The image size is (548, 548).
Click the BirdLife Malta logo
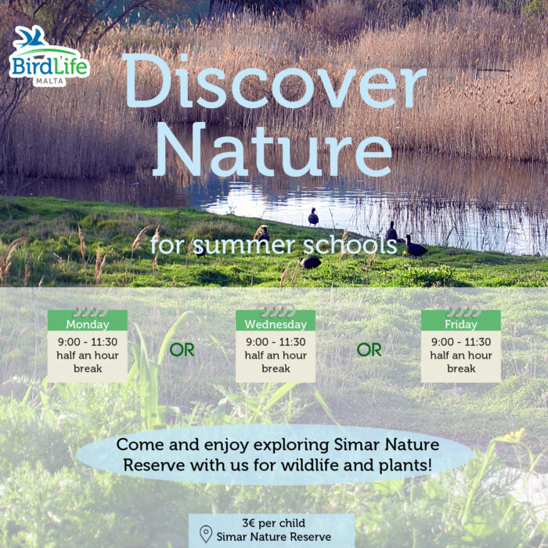click(49, 56)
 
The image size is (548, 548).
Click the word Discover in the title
click(275, 81)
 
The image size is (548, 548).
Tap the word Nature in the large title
click(272, 150)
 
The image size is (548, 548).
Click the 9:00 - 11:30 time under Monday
click(88, 342)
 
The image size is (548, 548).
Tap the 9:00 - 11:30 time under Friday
click(461, 342)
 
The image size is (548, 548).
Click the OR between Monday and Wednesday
click(182, 350)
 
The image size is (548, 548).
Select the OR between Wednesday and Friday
click(369, 350)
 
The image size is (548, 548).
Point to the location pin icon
click(206, 534)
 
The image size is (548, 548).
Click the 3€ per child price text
click(274, 523)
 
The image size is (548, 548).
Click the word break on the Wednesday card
click(276, 369)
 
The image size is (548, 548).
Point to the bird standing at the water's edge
click(313, 217)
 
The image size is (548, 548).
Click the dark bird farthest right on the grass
click(415, 247)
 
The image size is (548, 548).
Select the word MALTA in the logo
click(49, 81)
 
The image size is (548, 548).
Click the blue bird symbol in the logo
click(30, 36)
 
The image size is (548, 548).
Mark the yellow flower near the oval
click(514, 435)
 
